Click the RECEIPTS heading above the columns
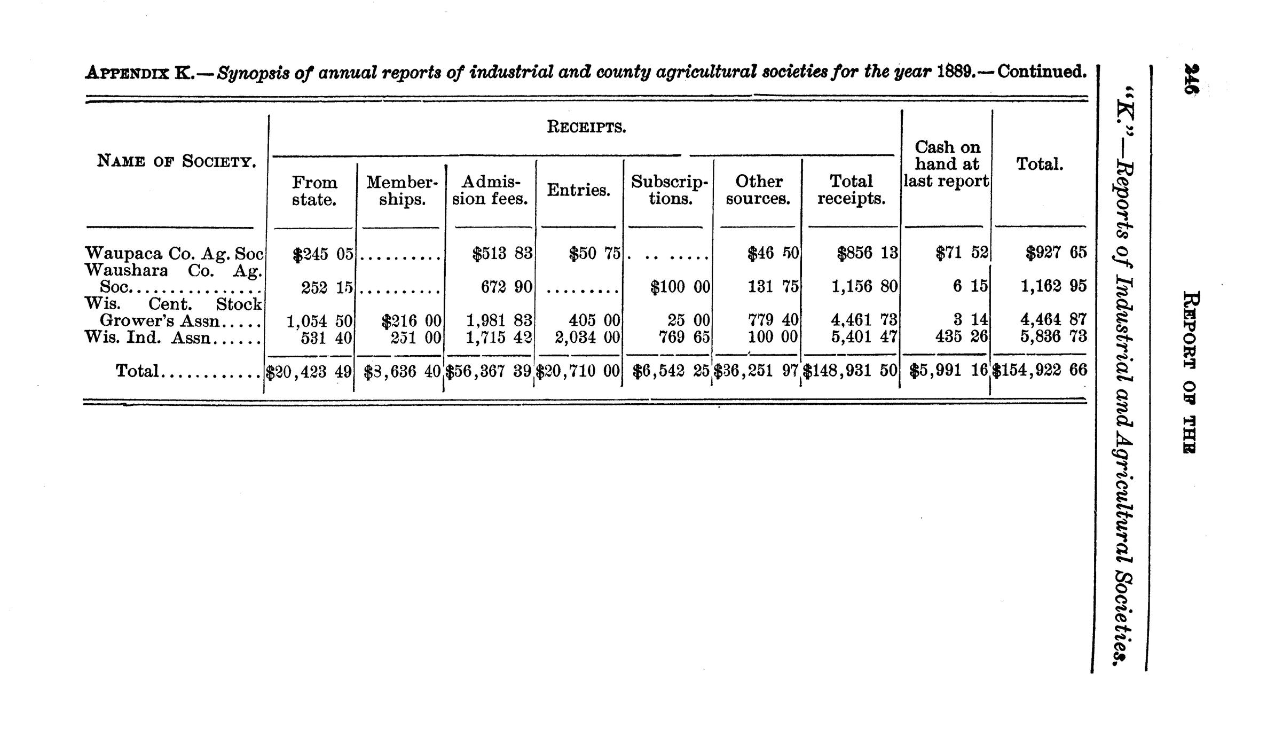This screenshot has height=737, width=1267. pyautogui.click(x=586, y=128)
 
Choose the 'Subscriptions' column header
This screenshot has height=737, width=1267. pyautogui.click(x=669, y=190)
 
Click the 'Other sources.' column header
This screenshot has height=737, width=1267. pyautogui.click(x=758, y=190)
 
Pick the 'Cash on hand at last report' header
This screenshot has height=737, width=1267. pyautogui.click(x=946, y=164)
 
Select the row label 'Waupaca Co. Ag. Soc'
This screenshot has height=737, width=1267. pyautogui.click(x=174, y=253)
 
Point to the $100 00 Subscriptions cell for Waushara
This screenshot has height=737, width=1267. pyautogui.click(x=680, y=287)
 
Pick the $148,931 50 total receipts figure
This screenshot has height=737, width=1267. pyautogui.click(x=851, y=371)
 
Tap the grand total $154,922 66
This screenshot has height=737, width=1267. pyautogui.click(x=1039, y=370)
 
